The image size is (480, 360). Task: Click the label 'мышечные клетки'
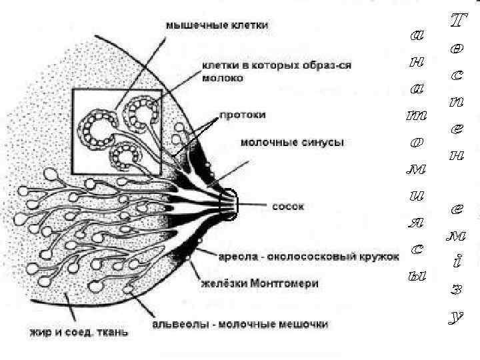pos(217,25)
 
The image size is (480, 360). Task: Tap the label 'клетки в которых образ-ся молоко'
pos(277,71)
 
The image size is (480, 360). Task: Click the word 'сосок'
pos(288,207)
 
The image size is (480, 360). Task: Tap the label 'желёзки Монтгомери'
pos(259,283)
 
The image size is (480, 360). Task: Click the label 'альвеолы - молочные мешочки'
pos(241,325)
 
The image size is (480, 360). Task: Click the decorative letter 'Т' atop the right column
pos(456,21)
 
